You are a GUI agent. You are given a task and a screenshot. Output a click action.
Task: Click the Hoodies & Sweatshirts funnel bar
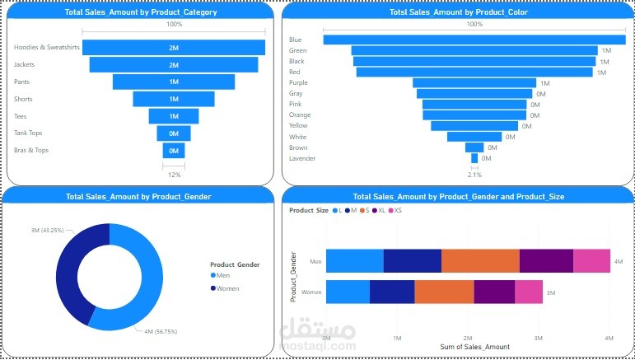174,47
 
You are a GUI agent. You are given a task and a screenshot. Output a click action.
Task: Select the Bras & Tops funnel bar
174,151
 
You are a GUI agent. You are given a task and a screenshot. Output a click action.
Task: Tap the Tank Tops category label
29,133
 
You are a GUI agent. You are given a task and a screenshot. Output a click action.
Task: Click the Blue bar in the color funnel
474,40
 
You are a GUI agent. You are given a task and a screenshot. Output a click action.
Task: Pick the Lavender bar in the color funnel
474,158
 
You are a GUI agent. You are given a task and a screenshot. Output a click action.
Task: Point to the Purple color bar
474,82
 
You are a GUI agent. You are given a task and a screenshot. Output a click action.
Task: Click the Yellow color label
299,126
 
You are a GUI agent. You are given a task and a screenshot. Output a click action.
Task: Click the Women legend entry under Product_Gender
228,288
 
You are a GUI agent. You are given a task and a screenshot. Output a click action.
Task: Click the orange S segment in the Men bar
480,260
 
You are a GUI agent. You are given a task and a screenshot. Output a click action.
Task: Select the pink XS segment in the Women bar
528,292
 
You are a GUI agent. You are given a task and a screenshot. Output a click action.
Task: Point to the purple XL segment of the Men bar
546,260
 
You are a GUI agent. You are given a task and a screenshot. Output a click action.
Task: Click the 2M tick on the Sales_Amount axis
468,338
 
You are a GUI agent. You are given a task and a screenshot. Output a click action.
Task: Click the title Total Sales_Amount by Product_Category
138,12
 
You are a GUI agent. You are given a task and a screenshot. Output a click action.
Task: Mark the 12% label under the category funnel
174,175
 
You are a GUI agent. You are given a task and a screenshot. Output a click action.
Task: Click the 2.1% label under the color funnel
474,175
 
